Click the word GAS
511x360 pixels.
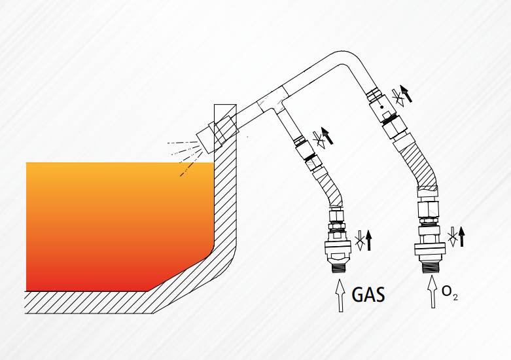point(368,295)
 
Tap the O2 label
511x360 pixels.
point(449,292)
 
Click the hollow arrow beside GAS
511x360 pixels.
point(340,295)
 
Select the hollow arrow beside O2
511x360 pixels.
point(432,291)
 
